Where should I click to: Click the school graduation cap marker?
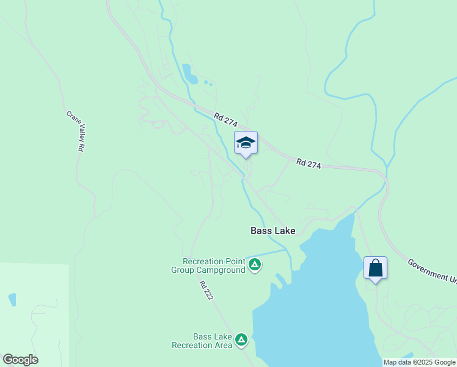[246, 143]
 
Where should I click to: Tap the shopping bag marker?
[375, 268]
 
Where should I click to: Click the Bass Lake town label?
[272, 231]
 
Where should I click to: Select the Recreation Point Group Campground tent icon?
[255, 265]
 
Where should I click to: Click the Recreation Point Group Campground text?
[208, 265]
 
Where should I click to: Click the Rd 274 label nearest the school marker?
[225, 120]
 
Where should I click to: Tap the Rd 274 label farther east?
[309, 163]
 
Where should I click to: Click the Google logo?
[20, 359]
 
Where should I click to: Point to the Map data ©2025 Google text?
[419, 362]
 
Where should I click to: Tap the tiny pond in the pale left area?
[12, 299]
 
